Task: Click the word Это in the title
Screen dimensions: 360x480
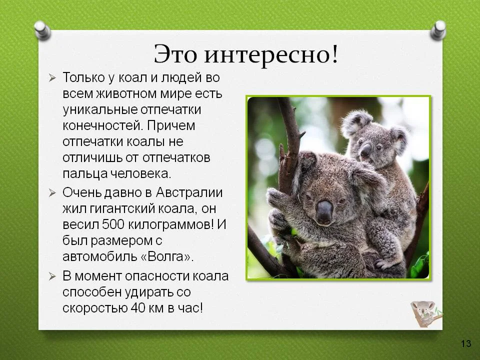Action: (175, 54)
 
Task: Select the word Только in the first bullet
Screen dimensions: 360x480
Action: (82, 78)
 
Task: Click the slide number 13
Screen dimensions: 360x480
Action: (465, 343)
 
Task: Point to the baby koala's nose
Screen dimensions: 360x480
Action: (366, 149)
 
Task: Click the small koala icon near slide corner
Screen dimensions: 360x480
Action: (425, 313)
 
